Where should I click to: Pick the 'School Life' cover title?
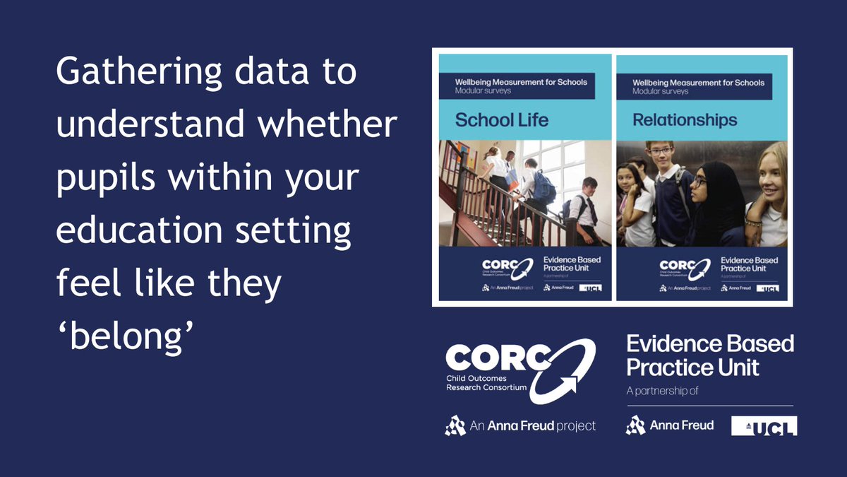[501, 120]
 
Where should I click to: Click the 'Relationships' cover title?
[684, 120]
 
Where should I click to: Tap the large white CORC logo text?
[494, 359]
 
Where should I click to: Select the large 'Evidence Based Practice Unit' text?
[709, 355]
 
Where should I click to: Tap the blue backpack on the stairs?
[544, 187]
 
